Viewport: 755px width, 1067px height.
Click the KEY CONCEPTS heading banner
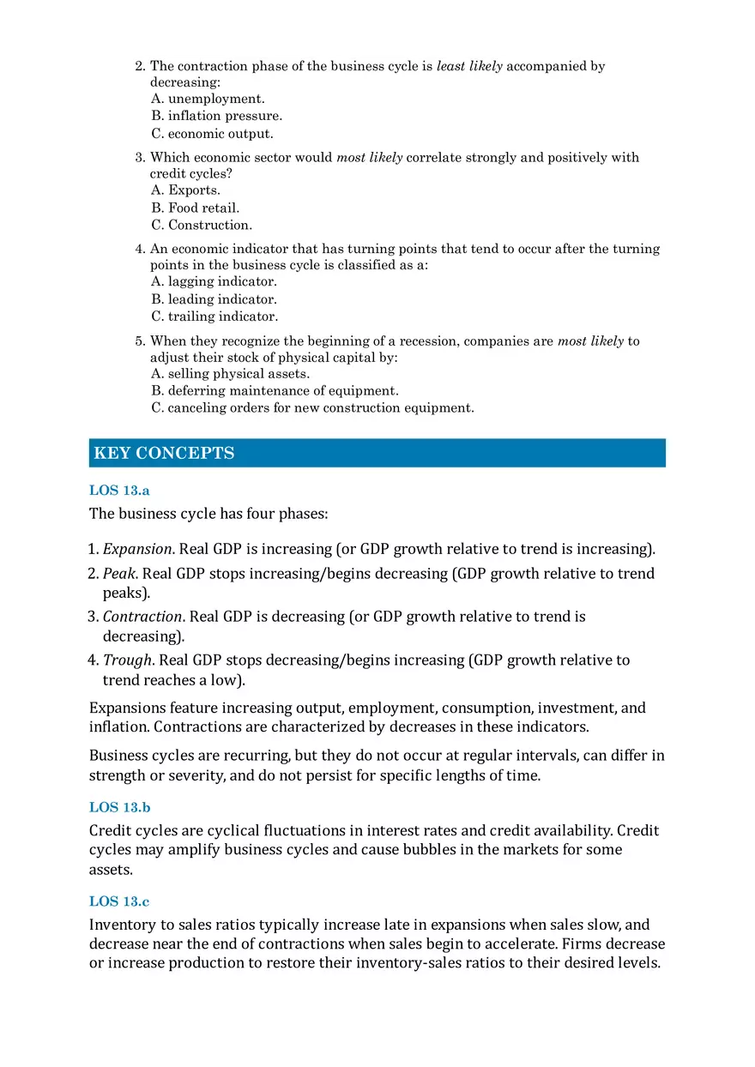(377, 453)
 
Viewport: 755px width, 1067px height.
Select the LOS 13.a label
(119, 491)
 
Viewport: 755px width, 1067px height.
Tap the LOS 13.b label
(120, 807)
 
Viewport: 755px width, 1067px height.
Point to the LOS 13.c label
(119, 901)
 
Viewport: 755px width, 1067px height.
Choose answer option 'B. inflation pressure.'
(216, 116)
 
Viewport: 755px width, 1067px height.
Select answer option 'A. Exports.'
(185, 190)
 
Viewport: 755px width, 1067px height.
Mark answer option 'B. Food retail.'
(195, 208)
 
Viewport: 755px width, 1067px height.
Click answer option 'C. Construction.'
(202, 226)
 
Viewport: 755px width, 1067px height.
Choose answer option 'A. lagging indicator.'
(214, 281)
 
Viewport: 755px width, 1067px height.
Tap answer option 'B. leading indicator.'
(214, 299)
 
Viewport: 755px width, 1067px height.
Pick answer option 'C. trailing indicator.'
(214, 316)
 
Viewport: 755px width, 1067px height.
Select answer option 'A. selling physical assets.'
(230, 374)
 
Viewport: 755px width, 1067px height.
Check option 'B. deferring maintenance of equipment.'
(275, 391)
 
